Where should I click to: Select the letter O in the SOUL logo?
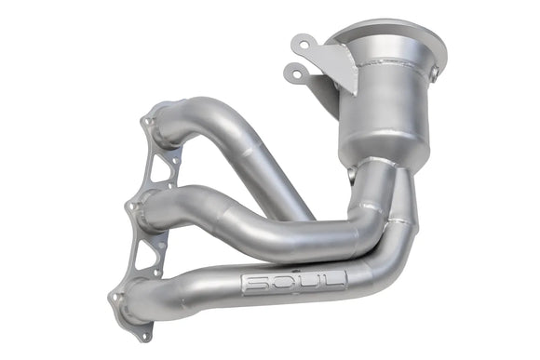280,283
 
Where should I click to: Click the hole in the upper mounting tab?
300,44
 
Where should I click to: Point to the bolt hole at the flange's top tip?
146,120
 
